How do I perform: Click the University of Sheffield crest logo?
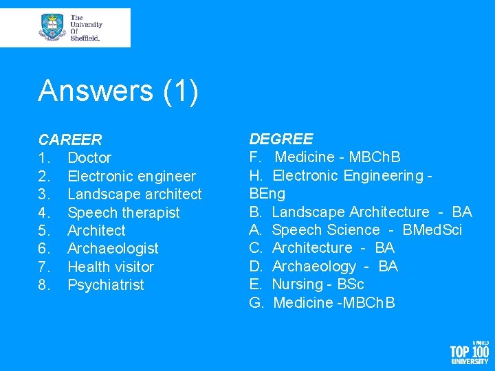coord(53,27)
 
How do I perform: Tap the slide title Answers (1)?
coord(118,91)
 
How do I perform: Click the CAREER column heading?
coord(70,140)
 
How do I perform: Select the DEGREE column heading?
coord(280,139)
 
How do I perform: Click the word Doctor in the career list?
coord(89,158)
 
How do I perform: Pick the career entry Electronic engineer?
coord(131,177)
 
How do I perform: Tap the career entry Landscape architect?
coord(135,194)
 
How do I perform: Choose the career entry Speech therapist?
coord(124,213)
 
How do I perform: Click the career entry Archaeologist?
coord(113,249)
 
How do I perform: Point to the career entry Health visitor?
coord(111,267)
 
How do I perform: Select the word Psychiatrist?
coord(106,285)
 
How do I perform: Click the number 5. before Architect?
coord(45,231)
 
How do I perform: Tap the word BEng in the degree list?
coord(267,194)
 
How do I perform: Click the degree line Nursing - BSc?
coord(318,284)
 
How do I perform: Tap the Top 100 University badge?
coord(470,352)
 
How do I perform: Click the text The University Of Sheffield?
coord(85,27)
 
